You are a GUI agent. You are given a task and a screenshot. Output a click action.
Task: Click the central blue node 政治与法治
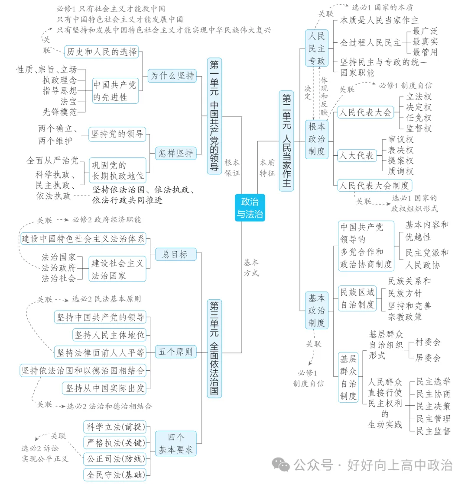pos(250,208)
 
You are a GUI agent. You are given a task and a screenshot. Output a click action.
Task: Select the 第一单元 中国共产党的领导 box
pos(214,116)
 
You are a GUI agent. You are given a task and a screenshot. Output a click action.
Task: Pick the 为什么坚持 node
pos(172,76)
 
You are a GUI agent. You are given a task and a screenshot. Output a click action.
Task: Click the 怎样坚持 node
pos(175,153)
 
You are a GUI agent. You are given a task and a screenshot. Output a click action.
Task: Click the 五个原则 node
pos(175,352)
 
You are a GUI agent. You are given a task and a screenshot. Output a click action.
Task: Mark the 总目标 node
pos(175,254)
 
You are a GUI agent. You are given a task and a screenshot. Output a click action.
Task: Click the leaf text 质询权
pos(401,171)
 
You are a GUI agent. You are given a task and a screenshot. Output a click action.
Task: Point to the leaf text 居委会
pos(428,358)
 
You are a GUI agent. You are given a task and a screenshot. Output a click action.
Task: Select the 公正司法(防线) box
pos(115,458)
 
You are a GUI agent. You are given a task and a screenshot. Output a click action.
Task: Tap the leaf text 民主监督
pos(433,431)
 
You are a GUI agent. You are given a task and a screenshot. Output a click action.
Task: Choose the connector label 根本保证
pos(232,168)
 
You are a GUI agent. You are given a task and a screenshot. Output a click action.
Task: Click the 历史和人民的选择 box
pos(101,52)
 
